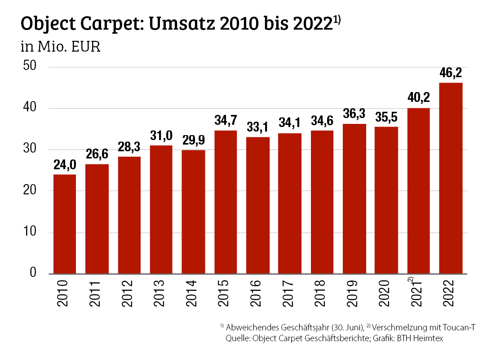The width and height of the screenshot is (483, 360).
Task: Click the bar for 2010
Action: tap(65, 224)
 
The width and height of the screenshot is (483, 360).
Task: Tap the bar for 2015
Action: tap(226, 202)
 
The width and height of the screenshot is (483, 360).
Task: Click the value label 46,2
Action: tap(451, 73)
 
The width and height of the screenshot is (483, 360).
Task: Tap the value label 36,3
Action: tap(354, 114)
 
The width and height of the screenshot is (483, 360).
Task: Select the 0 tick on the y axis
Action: tap(33, 273)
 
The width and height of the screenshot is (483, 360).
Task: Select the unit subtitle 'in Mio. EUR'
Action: tap(60, 47)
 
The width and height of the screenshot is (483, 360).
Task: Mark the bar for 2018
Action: tap(322, 202)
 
